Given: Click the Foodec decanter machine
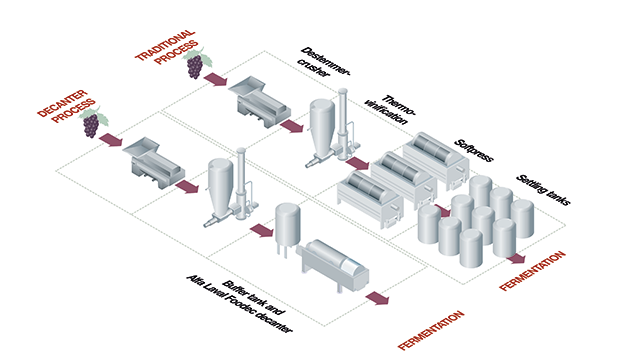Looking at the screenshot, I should click(332, 265).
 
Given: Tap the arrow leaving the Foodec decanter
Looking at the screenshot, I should click(378, 298).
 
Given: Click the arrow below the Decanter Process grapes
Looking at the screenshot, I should click(111, 148).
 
